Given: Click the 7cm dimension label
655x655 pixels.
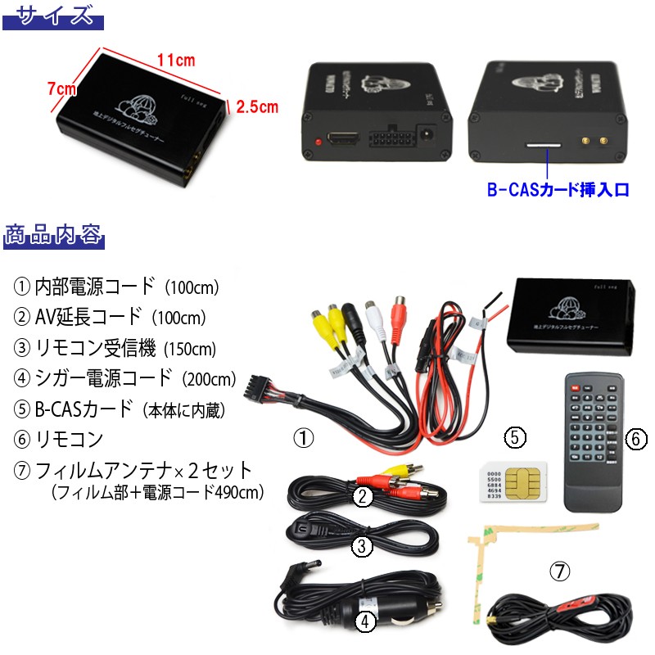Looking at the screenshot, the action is tap(61, 88).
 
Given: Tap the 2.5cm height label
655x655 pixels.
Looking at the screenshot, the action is tap(257, 106).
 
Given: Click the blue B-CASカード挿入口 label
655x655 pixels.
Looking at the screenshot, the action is tap(558, 189).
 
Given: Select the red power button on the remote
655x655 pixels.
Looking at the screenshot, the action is tap(578, 382).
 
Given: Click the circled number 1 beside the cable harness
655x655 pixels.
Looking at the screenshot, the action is tap(304, 439).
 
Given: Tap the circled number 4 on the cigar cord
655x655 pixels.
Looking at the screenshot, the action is tap(366, 622).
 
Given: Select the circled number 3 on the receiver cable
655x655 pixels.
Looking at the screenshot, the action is tap(360, 546).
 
